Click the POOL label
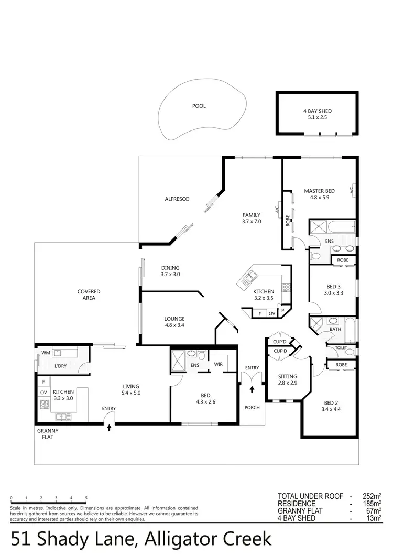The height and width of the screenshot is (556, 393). point(199,106)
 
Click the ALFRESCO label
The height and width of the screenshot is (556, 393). point(177,199)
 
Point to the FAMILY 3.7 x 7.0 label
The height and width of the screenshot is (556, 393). point(251,218)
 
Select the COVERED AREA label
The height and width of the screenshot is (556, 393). point(89,295)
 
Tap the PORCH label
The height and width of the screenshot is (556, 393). point(252,407)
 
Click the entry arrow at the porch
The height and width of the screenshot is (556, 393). point(252,389)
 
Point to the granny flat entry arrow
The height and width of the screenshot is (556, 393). point(109,428)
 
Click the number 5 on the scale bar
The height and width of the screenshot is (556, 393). point(86,498)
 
